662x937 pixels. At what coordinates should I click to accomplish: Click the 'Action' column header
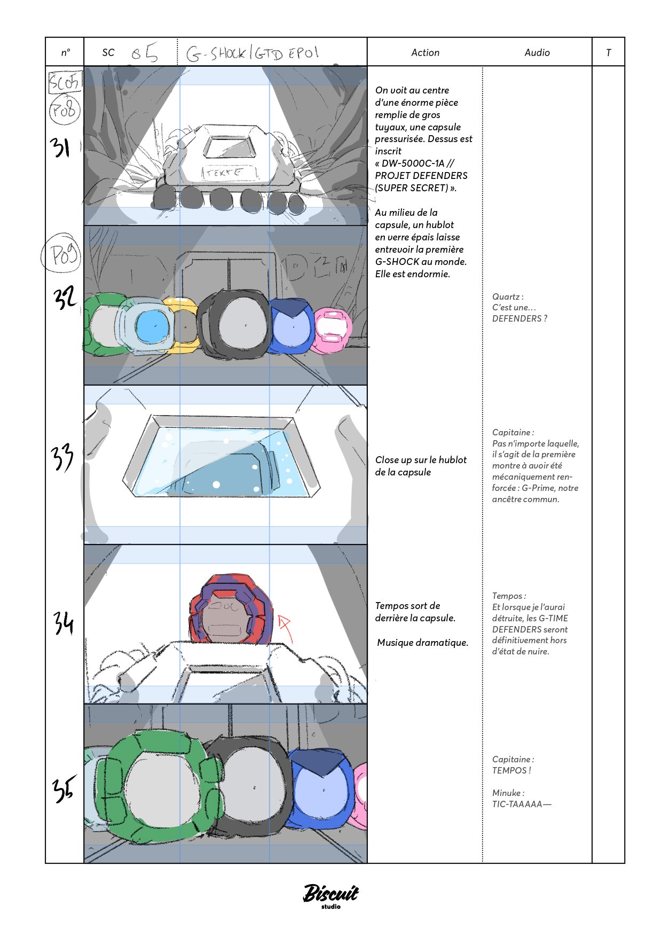pos(425,52)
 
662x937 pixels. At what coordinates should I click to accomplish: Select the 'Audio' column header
pos(537,52)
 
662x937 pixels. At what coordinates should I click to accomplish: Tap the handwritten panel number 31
pos(61,147)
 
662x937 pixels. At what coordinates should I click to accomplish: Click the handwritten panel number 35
pos(64,789)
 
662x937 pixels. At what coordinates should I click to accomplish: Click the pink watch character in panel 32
pos(332,330)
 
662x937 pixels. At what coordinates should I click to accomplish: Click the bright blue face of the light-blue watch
pos(152,326)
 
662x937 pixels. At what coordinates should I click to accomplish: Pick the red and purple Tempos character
pos(231,609)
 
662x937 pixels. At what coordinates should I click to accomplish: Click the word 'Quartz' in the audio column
pos(506,296)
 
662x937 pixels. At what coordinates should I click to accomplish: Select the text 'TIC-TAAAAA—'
pos(521,804)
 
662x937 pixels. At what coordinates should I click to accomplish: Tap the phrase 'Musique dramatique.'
pos(422,643)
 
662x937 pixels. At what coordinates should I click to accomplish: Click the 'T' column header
pos(608,52)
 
